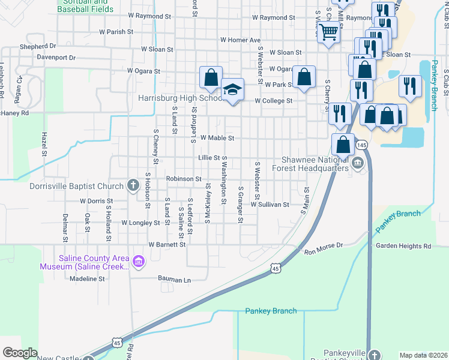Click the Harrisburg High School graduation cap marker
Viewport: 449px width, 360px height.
point(232,90)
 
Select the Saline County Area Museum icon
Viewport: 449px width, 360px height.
point(139,261)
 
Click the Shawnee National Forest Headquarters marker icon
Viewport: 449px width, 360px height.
point(357,163)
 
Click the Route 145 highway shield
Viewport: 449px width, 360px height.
point(361,145)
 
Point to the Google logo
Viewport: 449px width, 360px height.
point(20,353)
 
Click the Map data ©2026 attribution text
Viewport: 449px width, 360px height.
point(423,355)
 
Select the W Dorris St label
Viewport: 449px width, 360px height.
point(92,201)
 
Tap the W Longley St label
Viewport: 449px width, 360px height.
point(141,223)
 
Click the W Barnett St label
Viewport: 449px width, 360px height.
point(167,245)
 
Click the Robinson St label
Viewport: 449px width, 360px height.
point(184,179)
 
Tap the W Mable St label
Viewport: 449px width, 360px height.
point(217,138)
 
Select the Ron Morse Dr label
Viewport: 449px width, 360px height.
point(323,245)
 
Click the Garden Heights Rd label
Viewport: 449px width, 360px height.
point(403,246)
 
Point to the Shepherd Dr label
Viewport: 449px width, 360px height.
point(38,46)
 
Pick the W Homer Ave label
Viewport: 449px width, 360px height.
point(240,40)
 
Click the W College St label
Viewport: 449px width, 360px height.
point(273,101)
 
